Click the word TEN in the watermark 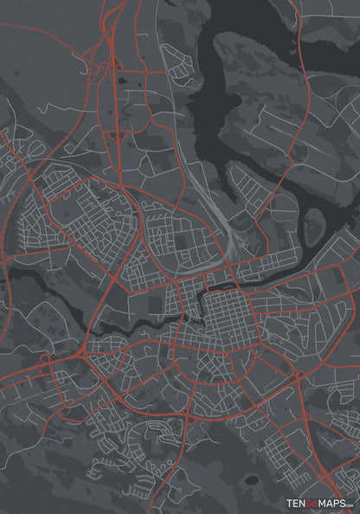coord(297,503)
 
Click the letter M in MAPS coord(323,503)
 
